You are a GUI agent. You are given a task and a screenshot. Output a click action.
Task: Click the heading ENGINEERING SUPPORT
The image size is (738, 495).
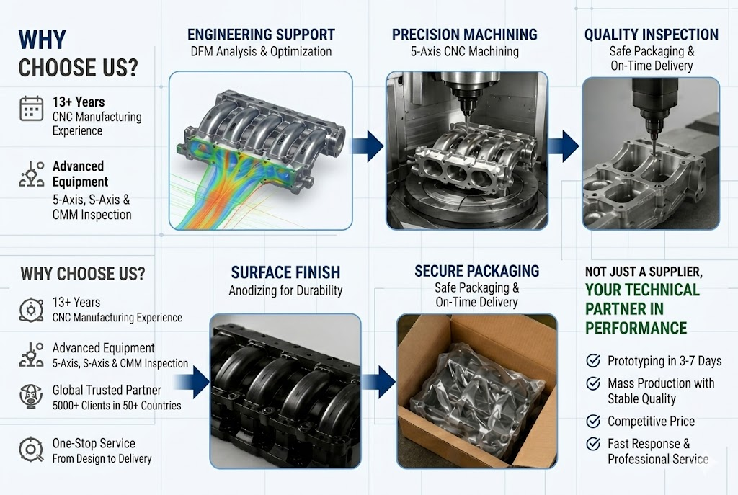pos(261,35)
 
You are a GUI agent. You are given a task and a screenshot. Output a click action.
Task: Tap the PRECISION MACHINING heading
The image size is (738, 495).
pos(465,35)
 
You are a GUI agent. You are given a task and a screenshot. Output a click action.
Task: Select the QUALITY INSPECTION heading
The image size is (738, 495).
pos(652,35)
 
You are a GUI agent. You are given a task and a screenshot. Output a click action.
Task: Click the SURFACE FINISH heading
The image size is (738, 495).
pos(285,272)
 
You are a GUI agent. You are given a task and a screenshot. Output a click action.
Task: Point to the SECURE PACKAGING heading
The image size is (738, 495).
pos(477,271)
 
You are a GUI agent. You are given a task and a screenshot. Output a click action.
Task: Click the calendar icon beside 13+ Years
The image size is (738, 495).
pos(32,109)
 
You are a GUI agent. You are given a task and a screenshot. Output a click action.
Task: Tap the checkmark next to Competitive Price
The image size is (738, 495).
pos(593,421)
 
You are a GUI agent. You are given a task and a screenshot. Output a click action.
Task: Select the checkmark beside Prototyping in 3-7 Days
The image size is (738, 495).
pos(593,360)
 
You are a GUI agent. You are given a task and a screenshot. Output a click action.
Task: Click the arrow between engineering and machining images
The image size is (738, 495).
pos(368,146)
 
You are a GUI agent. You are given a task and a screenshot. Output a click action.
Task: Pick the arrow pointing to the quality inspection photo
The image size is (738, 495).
pos(564,146)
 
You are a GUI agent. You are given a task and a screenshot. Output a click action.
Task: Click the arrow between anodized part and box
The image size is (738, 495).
pos(378,382)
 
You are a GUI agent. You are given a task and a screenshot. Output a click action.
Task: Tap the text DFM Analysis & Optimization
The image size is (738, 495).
pos(261,51)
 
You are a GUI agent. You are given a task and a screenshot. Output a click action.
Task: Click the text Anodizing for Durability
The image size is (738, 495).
pos(285,290)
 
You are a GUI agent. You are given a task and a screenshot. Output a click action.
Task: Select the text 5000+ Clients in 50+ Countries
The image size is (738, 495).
pos(117,405)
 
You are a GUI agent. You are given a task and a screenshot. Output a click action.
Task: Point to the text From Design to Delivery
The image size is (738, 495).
pos(102,458)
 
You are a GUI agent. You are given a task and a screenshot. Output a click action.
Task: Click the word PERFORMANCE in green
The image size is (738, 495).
pos(636,328)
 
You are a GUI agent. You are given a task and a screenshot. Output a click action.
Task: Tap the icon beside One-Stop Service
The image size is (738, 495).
pos(31,450)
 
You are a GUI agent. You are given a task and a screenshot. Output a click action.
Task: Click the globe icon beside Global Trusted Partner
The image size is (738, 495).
pos(31,396)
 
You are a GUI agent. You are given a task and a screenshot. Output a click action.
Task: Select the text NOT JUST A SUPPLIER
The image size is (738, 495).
pos(644,272)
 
